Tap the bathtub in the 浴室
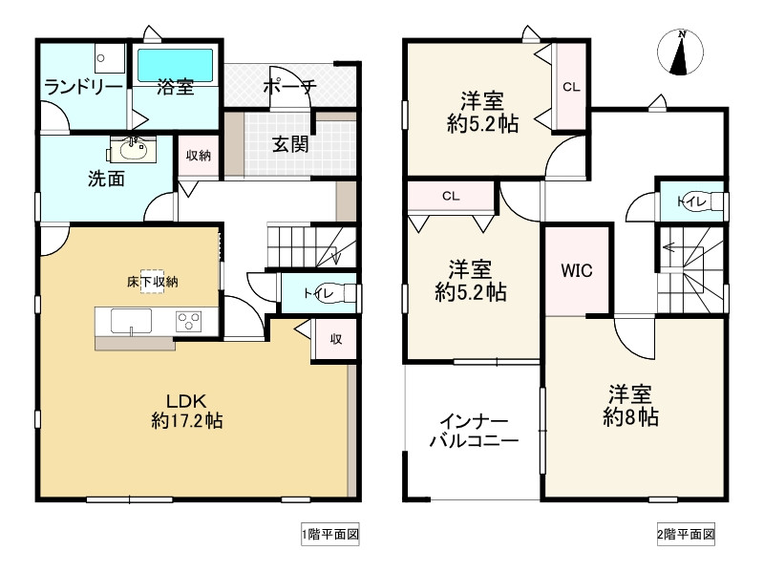[x=175, y=64]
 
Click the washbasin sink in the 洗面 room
[x=131, y=149]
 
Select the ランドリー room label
[x=83, y=88]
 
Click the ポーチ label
[x=291, y=88]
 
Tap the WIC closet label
[x=576, y=271]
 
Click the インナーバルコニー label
[x=473, y=432]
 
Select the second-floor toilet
[x=701, y=201]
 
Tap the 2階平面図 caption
[x=686, y=536]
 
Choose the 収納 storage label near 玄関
[x=198, y=155]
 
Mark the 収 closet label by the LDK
[x=336, y=338]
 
